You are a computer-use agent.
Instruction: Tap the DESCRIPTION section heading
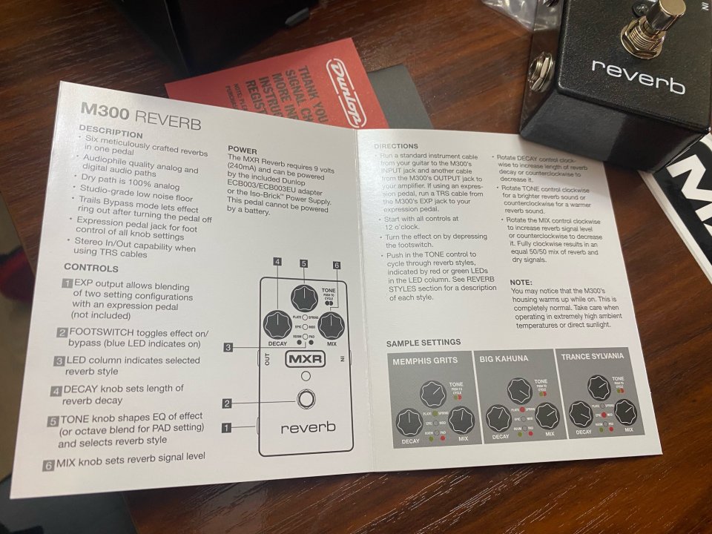pos(111,134)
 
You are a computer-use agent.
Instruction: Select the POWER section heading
pos(243,151)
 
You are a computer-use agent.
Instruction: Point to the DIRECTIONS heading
pos(396,146)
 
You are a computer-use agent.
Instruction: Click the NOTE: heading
pos(521,283)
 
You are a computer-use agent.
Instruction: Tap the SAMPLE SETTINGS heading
pos(423,343)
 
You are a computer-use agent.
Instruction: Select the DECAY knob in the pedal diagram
pos(277,325)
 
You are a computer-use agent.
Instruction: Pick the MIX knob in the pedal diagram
pos(331,324)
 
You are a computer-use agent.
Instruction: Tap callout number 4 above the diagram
pos(277,261)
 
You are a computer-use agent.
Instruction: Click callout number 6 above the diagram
pos(336,265)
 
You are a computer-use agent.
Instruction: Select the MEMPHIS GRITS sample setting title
pos(425,360)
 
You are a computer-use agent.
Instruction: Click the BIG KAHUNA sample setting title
pos(504,359)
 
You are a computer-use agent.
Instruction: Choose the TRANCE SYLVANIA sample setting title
pos(593,356)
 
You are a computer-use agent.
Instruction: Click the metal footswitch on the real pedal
pos(653,21)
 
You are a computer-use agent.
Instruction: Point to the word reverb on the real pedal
pos(638,76)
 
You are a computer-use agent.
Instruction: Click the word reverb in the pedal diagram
pos(308,427)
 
